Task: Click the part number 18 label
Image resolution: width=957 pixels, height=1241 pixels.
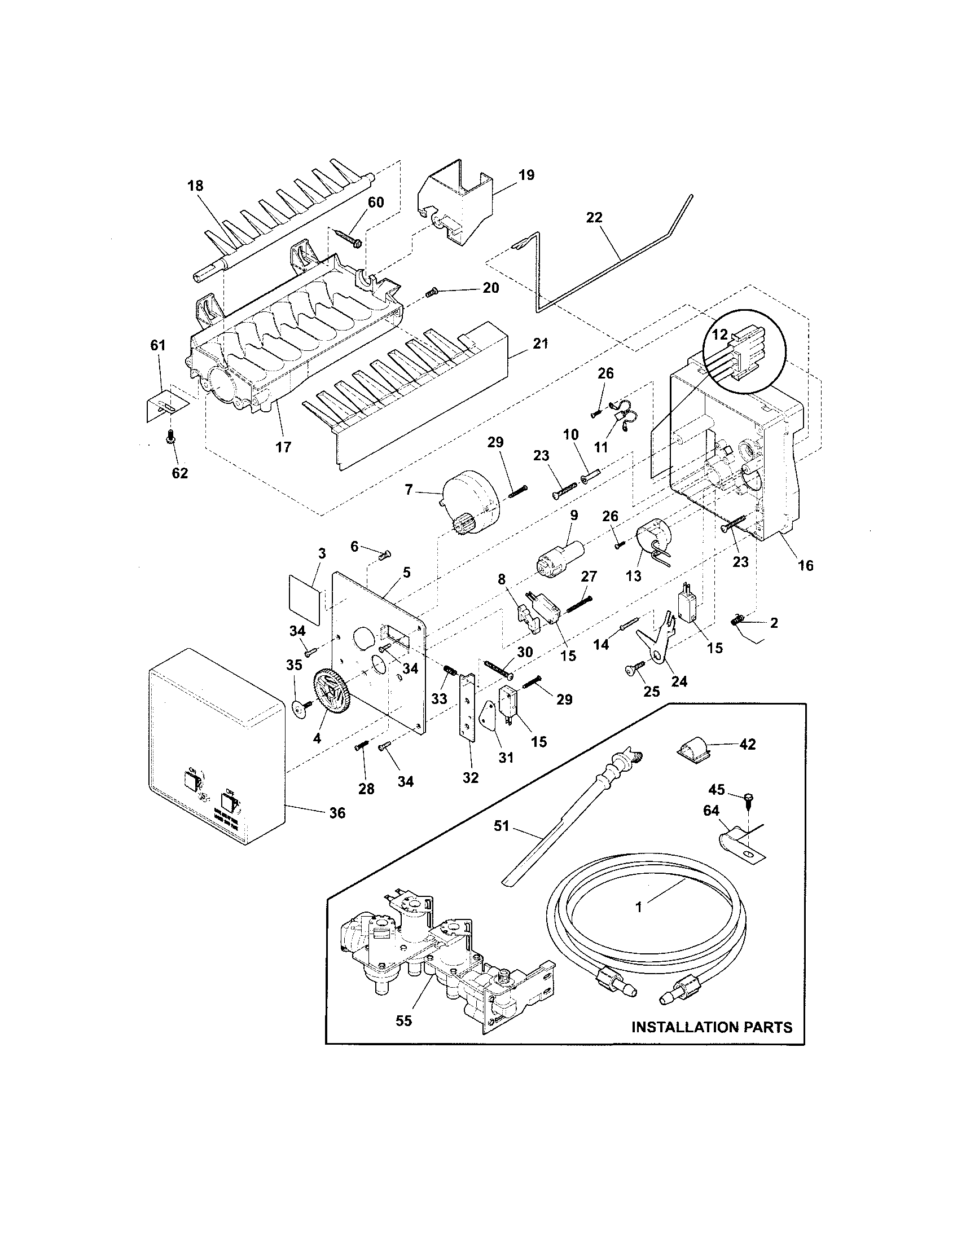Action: click(195, 186)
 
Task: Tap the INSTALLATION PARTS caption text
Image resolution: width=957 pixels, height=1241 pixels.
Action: click(712, 1027)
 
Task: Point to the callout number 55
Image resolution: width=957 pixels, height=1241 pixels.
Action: click(403, 1020)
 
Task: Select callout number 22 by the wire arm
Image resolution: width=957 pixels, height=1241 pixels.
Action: click(594, 218)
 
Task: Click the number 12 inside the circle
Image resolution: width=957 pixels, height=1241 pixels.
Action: click(719, 335)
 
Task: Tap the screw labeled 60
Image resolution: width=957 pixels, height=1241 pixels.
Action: click(347, 238)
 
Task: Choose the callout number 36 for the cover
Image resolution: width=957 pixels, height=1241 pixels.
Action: click(337, 813)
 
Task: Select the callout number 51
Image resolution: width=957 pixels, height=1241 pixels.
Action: click(502, 826)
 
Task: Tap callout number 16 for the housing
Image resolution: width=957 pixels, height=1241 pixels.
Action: click(805, 565)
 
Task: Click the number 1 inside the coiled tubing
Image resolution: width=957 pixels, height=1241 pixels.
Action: click(638, 908)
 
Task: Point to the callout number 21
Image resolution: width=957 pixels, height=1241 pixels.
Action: click(540, 343)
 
